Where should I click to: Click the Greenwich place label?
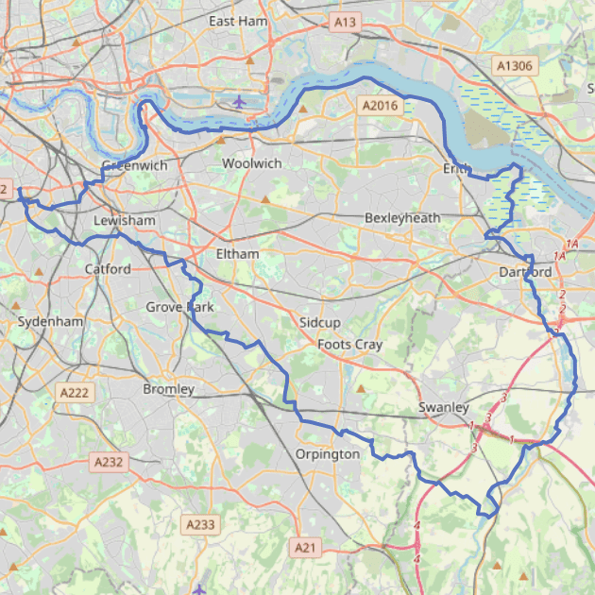point(134,165)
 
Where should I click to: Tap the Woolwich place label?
point(251,163)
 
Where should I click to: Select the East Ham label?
point(237,21)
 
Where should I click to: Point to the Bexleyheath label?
point(402,218)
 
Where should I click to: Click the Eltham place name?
point(237,253)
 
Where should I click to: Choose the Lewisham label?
point(124,220)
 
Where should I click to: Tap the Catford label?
point(108,269)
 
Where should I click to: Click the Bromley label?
point(168,389)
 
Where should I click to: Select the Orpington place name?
point(328,454)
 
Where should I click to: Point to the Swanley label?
point(444,407)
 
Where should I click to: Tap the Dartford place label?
point(524,273)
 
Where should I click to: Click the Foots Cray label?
point(349,345)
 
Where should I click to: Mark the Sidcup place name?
point(319,323)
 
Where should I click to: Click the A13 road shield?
point(345,21)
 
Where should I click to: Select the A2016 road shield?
point(381,106)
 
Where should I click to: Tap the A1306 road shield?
point(515,65)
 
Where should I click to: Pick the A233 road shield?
point(200,524)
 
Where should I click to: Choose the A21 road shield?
point(305,547)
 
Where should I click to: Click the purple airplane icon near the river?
point(240,101)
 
